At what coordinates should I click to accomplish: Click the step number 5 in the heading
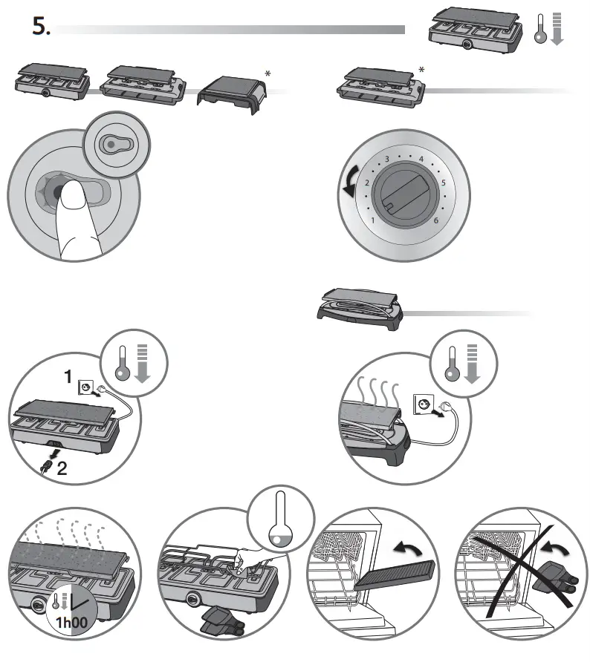pos(40,27)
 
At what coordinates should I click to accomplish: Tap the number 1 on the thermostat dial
pos(373,221)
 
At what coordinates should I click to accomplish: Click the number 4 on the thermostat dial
pos(421,160)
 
